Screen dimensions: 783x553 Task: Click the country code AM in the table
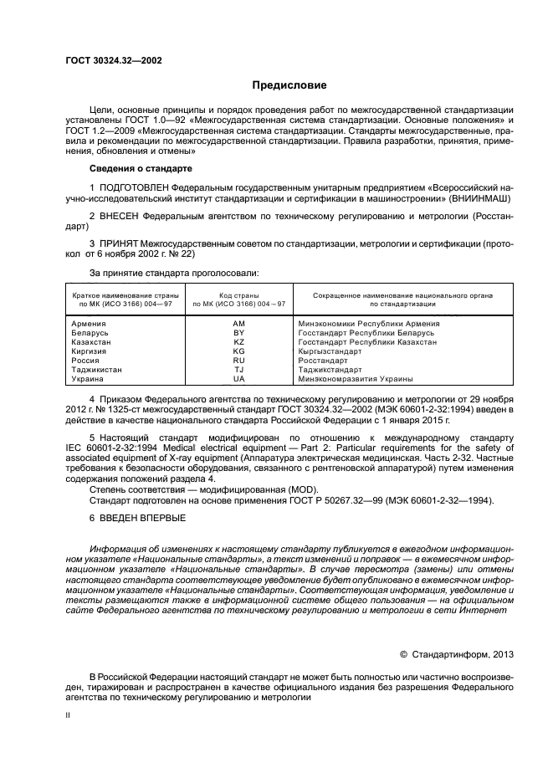pos(239,323)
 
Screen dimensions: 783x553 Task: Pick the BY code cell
pos(239,332)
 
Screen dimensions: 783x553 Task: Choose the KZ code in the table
pos(239,341)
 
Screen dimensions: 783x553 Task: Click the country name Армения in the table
pos(89,323)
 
